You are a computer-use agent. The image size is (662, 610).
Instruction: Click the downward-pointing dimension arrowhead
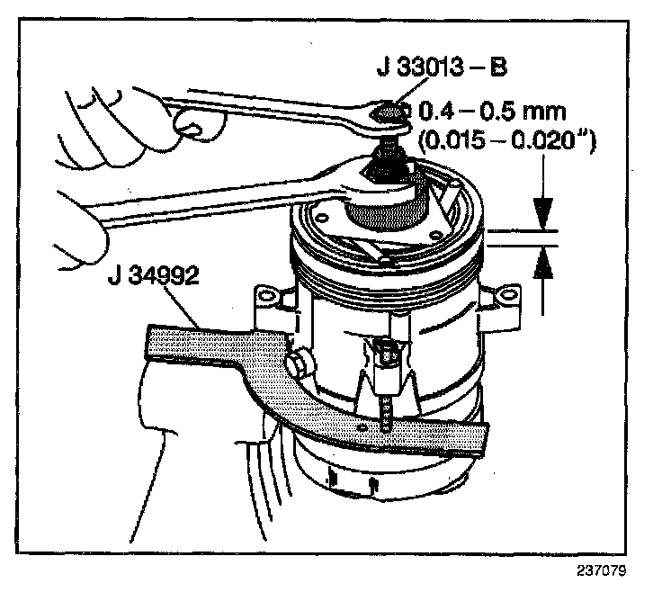point(543,214)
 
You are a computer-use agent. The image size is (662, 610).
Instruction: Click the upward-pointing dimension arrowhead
point(543,263)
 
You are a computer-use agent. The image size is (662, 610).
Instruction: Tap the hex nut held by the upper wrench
point(386,112)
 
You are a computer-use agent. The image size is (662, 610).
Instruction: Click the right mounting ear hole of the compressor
point(512,293)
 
